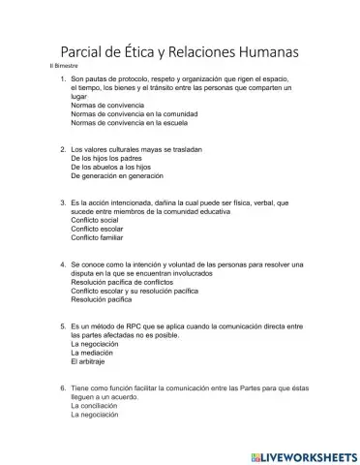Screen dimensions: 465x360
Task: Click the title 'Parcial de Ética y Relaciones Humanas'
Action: pyautogui.click(x=180, y=49)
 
